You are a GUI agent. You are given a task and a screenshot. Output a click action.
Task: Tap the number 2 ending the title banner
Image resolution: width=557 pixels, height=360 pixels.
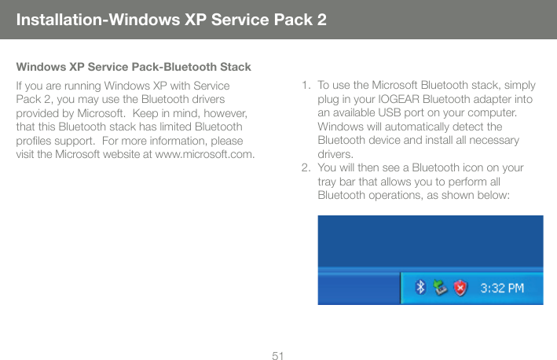[321, 18]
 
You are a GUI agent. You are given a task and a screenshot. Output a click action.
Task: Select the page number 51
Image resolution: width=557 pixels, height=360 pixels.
[278, 356]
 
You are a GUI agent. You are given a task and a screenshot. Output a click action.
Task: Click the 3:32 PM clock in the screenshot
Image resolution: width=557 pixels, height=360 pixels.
[502, 288]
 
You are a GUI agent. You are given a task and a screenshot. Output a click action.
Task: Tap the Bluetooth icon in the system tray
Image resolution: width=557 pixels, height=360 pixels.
[421, 288]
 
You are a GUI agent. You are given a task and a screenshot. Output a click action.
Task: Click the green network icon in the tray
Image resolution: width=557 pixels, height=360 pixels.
[440, 288]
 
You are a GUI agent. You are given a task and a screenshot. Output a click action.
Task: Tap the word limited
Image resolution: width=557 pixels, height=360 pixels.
[163, 126]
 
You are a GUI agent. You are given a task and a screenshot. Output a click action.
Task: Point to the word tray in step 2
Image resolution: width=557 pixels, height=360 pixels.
[328, 182]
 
